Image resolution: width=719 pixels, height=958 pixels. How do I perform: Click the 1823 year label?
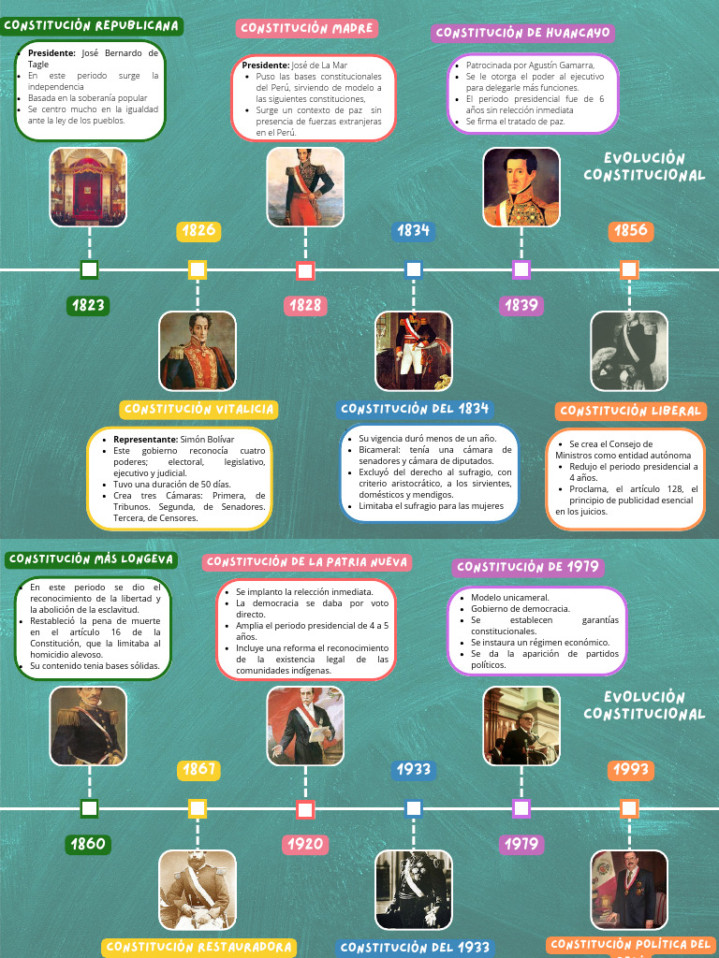89,305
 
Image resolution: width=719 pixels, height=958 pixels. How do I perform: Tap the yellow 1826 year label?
198,231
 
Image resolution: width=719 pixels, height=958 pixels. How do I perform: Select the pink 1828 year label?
305,305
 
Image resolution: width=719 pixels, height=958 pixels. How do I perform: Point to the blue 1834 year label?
413,231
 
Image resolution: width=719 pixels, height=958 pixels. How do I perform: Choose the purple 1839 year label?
521,305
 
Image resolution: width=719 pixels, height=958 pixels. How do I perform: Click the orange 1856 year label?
630,231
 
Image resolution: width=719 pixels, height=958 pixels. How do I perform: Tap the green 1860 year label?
89,844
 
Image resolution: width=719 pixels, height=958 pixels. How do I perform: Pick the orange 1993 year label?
630,770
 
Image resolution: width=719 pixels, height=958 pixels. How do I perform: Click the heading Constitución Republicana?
92,25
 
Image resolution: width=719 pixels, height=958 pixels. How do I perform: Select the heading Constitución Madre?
307,29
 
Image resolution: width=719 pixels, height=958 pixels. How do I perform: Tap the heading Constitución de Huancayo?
523,33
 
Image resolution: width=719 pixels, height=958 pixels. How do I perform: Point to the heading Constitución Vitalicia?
198,409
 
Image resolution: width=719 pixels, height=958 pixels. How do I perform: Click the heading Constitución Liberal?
630,411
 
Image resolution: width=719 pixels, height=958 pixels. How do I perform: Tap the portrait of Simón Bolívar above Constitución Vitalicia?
198,351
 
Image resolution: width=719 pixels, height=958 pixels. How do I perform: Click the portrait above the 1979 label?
521,726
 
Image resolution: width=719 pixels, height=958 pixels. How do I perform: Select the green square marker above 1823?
89,269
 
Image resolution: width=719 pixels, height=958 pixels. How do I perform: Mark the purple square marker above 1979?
521,808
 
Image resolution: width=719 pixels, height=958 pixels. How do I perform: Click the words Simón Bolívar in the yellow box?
207,439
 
